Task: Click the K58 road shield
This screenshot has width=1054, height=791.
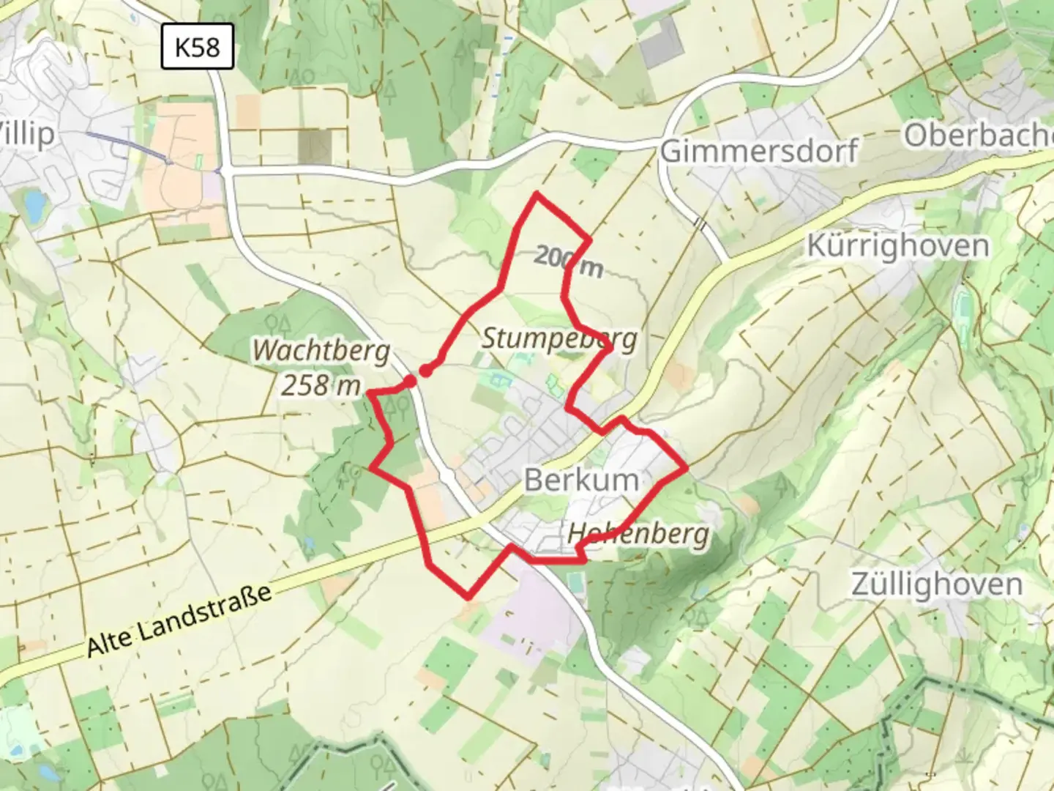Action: tap(197, 48)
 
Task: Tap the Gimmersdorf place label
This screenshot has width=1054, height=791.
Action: tap(759, 152)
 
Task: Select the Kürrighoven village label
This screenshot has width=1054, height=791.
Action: tap(897, 245)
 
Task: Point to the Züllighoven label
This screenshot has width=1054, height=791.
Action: tap(936, 584)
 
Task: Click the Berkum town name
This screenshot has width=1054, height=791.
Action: tap(581, 480)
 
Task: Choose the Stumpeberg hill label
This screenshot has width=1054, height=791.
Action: tap(559, 338)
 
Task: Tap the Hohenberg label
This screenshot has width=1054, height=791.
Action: tap(638, 534)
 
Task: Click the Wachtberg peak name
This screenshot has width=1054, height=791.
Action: tap(321, 351)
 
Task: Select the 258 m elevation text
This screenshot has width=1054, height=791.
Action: tap(321, 385)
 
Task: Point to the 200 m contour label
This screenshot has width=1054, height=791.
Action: tap(568, 261)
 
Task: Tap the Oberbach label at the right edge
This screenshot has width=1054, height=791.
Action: tap(977, 135)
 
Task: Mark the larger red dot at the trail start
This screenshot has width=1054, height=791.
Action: tap(425, 371)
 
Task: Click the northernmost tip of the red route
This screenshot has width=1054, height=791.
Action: tap(537, 194)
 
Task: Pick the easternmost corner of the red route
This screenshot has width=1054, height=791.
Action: tap(687, 467)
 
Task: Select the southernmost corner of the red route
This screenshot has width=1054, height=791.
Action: tap(468, 597)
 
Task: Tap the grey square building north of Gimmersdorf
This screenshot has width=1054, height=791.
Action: tap(661, 42)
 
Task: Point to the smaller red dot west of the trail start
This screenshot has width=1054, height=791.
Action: tap(411, 382)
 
